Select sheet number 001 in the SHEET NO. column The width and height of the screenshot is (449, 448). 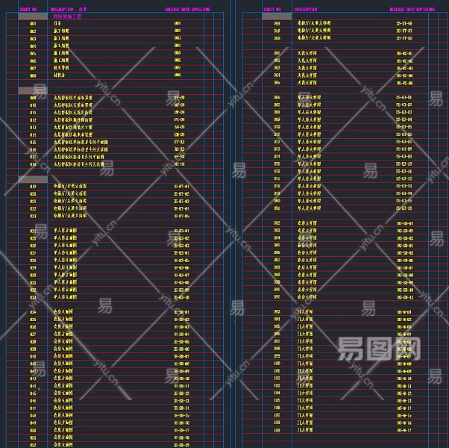click(x=33, y=24)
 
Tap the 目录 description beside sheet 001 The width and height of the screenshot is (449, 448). click(x=57, y=24)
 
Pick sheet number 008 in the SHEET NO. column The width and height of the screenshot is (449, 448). click(x=33, y=75)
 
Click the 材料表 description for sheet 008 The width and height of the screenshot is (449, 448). click(x=60, y=75)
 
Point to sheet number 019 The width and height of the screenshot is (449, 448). click(x=33, y=187)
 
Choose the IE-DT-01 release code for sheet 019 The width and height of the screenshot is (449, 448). click(x=181, y=187)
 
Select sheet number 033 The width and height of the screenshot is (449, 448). click(x=33, y=297)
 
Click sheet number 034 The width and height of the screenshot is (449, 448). click(x=33, y=312)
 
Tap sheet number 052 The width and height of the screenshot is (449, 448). click(x=33, y=445)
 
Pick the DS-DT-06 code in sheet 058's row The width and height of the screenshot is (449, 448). click(x=404, y=24)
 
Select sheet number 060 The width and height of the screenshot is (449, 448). click(x=277, y=39)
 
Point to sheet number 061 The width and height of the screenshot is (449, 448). click(x=277, y=54)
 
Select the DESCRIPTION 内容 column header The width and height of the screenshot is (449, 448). click(x=69, y=10)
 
